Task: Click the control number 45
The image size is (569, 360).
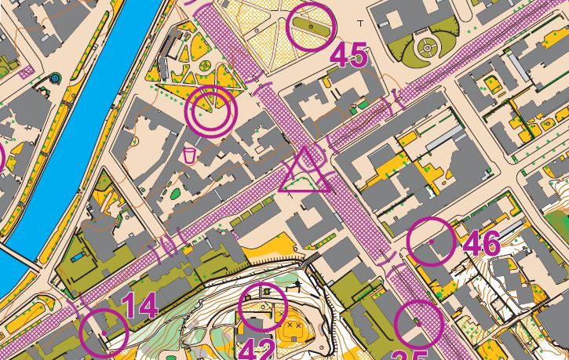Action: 348,55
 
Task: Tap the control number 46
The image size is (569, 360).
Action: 482,244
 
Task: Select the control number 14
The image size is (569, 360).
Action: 140,305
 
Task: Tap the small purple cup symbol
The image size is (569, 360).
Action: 188,155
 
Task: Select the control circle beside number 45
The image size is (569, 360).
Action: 310,27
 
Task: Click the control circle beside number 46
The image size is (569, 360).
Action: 432,241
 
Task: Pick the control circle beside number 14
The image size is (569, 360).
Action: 104,332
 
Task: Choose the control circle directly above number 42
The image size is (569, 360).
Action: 262,305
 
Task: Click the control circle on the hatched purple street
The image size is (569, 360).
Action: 419,323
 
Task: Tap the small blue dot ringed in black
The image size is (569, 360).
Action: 54,78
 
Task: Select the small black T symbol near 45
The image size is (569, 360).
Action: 360,24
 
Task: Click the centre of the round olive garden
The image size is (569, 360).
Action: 427,47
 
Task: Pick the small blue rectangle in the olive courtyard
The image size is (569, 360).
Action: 78,256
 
